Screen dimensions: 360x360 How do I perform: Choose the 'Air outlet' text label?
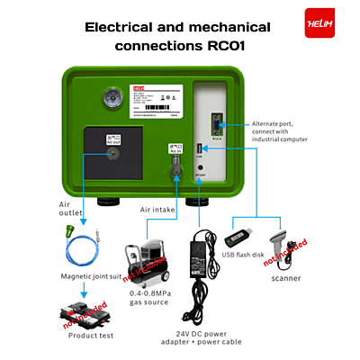point(71,210)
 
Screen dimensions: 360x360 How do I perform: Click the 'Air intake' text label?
point(158,210)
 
